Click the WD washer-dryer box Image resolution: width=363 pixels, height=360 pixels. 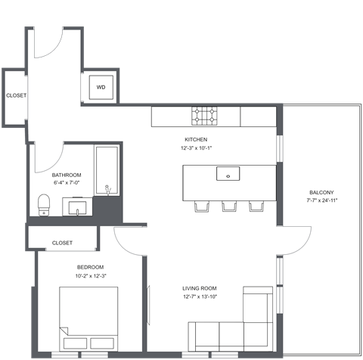(x=101, y=87)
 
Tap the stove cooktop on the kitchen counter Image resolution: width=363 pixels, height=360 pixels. (x=205, y=116)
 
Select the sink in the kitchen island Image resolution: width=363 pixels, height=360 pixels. (x=227, y=175)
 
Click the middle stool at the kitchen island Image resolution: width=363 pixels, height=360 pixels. (x=228, y=206)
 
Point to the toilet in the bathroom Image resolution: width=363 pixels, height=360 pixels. (x=44, y=203)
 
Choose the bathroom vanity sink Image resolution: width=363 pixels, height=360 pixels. (x=78, y=206)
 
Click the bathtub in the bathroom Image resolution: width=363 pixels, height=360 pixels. (x=106, y=170)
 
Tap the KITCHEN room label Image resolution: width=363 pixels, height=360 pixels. (x=197, y=140)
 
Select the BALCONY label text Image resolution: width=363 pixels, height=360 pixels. (x=321, y=192)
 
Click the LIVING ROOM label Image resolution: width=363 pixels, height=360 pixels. (x=200, y=288)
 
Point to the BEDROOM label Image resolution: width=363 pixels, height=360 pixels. (x=92, y=267)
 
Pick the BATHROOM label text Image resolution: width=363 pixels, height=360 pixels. (x=67, y=175)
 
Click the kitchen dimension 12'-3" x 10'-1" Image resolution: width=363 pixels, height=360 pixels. (x=197, y=148)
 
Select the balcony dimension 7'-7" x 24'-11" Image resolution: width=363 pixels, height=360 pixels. (x=321, y=200)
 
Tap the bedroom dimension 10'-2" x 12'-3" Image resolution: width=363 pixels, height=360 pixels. (x=92, y=276)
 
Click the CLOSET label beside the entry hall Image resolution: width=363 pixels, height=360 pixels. (x=16, y=96)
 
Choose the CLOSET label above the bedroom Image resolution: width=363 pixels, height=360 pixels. (x=63, y=243)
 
